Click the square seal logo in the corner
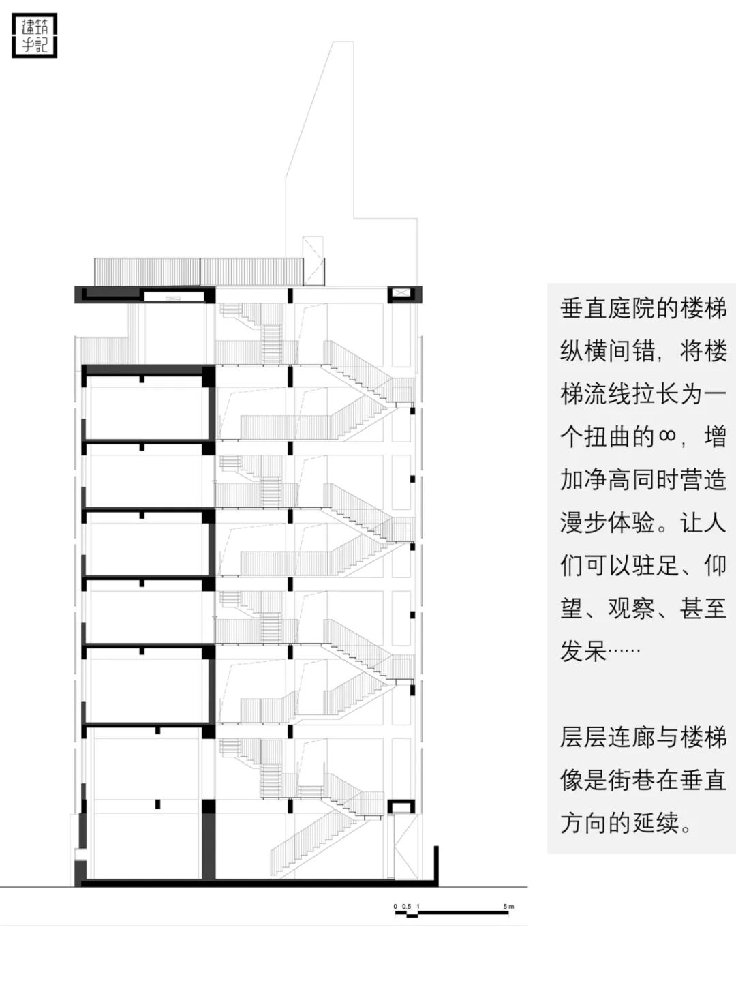(x=34, y=35)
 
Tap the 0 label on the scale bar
(x=395, y=906)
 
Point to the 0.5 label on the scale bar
(x=407, y=906)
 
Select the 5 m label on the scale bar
(x=508, y=906)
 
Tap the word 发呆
(x=583, y=651)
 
